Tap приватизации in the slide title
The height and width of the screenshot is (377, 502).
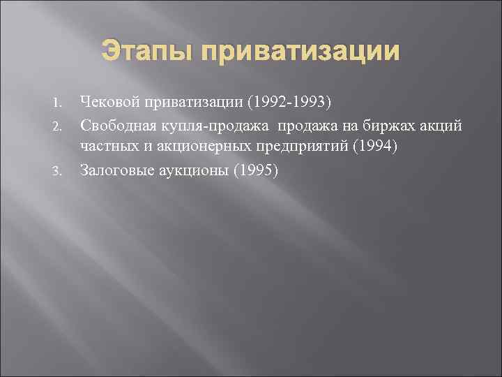coord(302,52)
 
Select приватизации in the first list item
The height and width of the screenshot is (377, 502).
coord(196,104)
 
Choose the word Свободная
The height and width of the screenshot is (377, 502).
coord(119,125)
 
